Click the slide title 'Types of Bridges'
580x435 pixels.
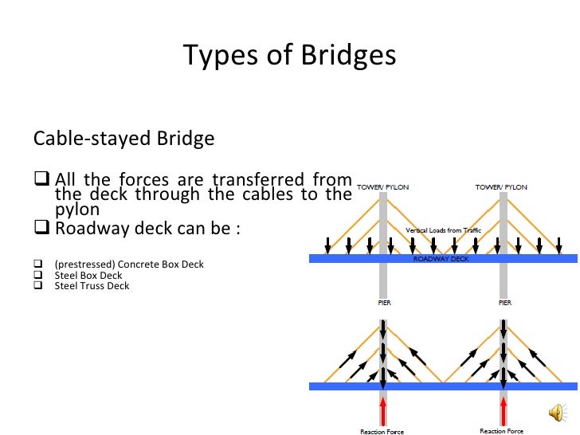[289, 56]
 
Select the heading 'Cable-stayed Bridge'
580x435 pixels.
[123, 139]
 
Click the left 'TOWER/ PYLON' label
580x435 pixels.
[382, 187]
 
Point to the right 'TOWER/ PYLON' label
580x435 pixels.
[501, 187]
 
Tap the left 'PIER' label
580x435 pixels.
[383, 304]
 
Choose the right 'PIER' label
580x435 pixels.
[503, 304]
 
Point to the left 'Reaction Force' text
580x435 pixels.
[382, 432]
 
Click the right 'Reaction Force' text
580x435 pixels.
[502, 431]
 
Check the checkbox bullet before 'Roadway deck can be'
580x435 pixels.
[41, 229]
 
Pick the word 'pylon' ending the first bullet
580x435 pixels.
[77, 210]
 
